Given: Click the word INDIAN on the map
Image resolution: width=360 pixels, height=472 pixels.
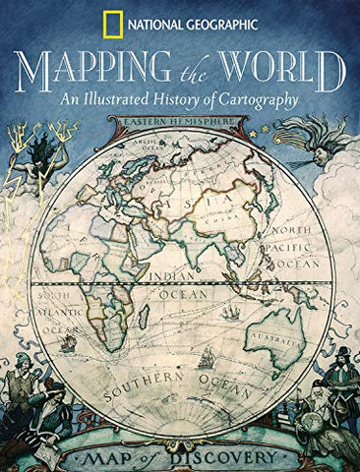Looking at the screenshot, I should (x=174, y=264).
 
